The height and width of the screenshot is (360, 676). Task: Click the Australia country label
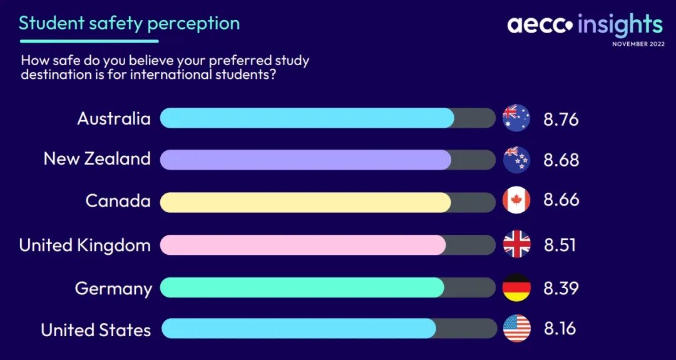pos(114,118)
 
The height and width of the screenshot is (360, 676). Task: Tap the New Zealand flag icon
pos(516,160)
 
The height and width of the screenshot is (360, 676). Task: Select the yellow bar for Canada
pos(305,202)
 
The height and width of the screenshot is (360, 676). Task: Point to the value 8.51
pos(560,244)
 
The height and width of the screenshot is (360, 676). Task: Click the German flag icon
pos(516,287)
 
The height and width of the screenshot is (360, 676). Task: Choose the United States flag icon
pos(516,329)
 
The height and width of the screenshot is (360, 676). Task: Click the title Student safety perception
pos(129,23)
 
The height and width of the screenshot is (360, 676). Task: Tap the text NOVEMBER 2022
pos(638,44)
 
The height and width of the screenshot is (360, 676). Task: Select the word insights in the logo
pos(620,24)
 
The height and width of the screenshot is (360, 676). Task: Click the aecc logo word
pos(540,25)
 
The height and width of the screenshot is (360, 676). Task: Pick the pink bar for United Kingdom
pos(303,245)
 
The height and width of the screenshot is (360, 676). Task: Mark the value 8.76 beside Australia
pos(561,120)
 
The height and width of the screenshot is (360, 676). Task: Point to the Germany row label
pos(113,289)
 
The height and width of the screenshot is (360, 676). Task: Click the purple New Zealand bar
pos(305,160)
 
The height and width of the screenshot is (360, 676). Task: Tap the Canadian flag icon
pos(516,201)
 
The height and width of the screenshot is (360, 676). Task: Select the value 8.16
pos(560,329)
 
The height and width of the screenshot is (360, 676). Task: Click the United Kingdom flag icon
pos(516,244)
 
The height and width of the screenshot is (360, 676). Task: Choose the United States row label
pos(96,330)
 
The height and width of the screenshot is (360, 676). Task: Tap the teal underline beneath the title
pos(90,41)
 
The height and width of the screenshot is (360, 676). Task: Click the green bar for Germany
pos(302,287)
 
